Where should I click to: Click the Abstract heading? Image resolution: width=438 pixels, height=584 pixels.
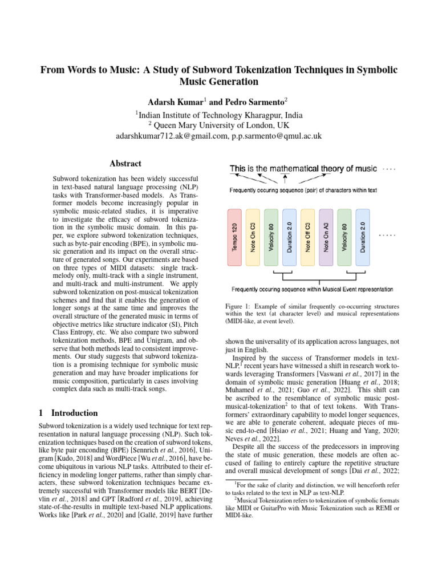125,163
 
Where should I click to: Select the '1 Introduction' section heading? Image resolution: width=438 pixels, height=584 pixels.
68,413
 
